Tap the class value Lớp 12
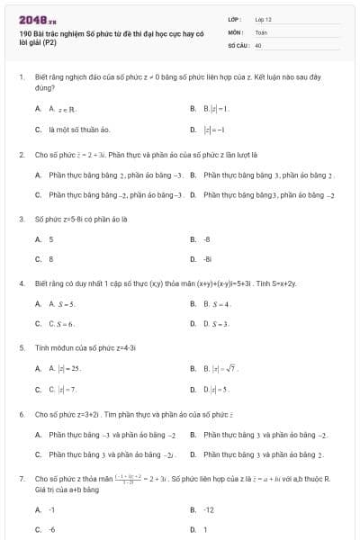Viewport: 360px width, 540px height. pyautogui.click(x=263, y=18)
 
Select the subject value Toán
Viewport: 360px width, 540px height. pyautogui.click(x=261, y=31)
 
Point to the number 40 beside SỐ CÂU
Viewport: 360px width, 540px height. pyautogui.click(x=258, y=43)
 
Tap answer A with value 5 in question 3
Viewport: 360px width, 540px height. pyautogui.click(x=51, y=239)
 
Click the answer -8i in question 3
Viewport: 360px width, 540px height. pyautogui.click(x=207, y=258)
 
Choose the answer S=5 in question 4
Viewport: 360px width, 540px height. pyautogui.click(x=63, y=303)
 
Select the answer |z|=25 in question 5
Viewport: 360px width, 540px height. pyautogui.click(x=66, y=368)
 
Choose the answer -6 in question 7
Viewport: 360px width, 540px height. pyautogui.click(x=52, y=529)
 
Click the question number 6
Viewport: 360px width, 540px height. pyautogui.click(x=21, y=414)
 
